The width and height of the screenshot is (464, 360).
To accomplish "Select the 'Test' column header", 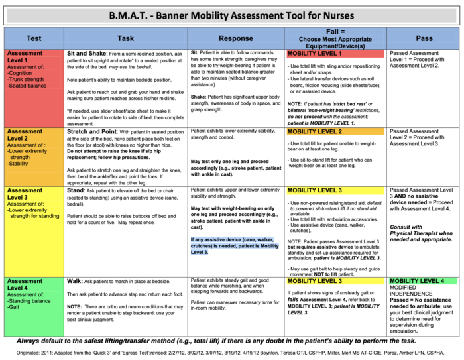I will point(34,38).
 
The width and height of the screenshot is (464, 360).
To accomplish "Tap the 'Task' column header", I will point(125,38).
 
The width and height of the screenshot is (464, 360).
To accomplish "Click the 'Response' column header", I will point(235,38).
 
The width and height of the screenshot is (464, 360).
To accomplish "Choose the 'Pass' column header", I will point(424,38).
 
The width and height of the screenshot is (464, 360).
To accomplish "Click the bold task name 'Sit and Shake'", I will point(89,52).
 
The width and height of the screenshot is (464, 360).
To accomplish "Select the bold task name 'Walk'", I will point(75,281).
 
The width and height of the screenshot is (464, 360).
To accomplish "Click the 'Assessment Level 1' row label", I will point(25,56).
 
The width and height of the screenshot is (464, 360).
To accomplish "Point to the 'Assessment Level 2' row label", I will point(25,135).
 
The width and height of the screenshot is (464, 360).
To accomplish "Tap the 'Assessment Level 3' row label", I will point(25,194).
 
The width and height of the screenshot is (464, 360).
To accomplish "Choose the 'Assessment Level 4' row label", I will point(25,284).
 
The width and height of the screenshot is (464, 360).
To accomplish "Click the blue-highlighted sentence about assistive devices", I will point(235,245).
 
